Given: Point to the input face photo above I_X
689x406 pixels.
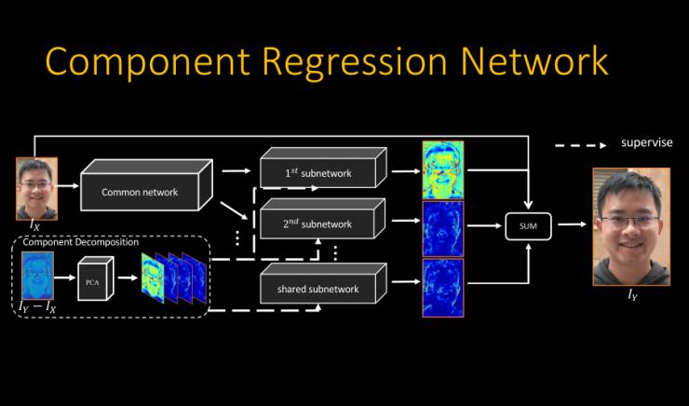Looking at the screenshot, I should click(35, 187).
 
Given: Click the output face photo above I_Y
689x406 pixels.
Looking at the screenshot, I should click(628, 226).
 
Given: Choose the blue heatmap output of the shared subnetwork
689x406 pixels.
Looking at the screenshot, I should click(442, 288).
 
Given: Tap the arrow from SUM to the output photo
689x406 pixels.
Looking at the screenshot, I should click(570, 225).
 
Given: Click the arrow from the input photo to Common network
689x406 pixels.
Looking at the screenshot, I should click(68, 186).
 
